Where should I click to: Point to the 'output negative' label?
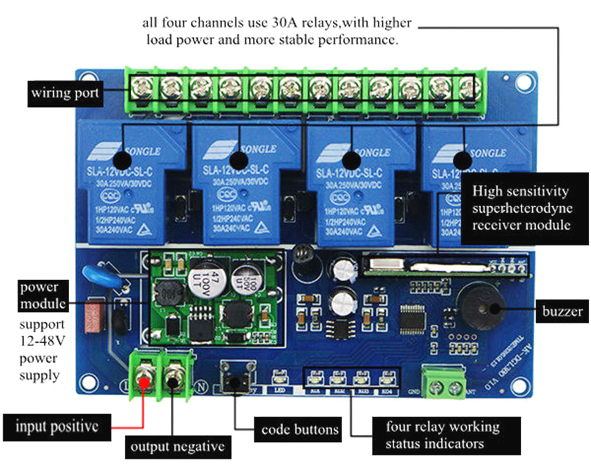(x=178, y=446)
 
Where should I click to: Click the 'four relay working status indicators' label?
(x=442, y=435)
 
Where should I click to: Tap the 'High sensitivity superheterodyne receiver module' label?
(x=521, y=208)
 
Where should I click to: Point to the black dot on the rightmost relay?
(x=463, y=160)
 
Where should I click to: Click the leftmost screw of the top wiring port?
(x=142, y=89)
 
